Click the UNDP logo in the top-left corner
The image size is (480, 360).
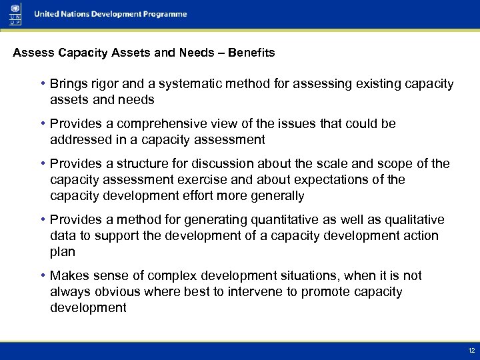point(15,13)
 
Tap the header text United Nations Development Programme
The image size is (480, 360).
point(111,14)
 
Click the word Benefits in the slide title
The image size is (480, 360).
point(251,53)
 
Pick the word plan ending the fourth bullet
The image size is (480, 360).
point(62,252)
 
